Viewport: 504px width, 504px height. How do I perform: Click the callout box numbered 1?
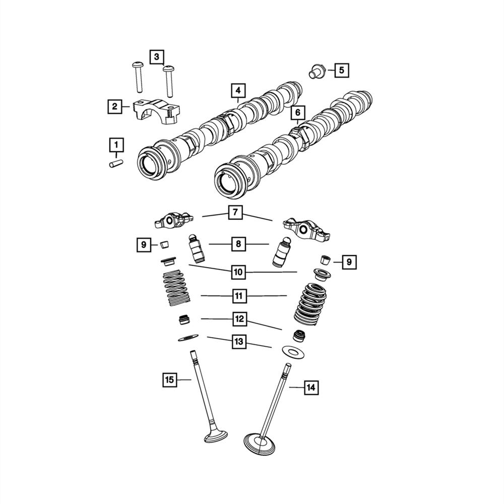[116, 146]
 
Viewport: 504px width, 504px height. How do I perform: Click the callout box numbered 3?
[156, 56]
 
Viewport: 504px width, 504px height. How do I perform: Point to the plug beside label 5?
[316, 72]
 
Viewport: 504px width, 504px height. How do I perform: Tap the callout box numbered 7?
[235, 213]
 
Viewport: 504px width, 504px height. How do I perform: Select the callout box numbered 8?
[238, 244]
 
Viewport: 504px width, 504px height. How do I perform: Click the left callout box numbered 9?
[144, 245]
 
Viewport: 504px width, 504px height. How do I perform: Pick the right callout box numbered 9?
[348, 262]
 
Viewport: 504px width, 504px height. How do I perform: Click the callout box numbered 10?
[238, 273]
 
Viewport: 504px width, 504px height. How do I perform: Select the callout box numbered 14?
[311, 388]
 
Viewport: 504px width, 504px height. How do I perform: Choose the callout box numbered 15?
[170, 380]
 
